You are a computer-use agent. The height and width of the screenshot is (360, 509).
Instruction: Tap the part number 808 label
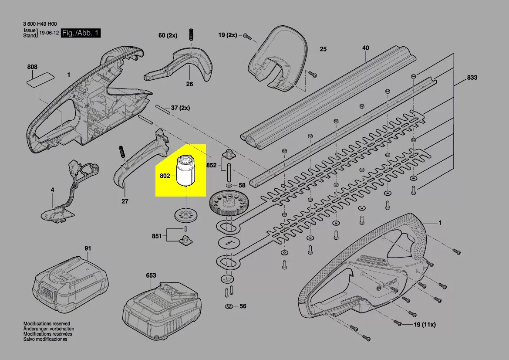32,67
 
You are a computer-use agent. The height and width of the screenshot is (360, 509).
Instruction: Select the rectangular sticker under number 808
41,79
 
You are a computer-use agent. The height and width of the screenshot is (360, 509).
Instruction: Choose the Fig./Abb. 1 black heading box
81,33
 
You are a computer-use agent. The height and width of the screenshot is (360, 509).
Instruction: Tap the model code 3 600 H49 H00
40,24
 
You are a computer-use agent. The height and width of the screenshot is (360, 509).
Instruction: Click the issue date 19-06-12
49,33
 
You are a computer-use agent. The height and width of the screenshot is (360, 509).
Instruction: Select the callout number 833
472,78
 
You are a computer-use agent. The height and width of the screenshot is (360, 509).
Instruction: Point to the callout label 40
365,48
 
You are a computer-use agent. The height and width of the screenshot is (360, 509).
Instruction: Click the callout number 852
211,166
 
